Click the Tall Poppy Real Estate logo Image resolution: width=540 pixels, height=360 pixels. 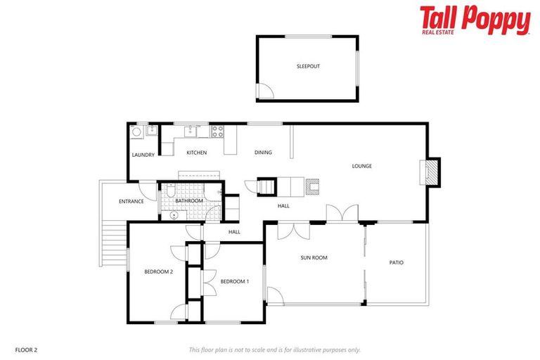tap(475, 20)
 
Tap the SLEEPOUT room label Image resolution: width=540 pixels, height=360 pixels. tap(308, 67)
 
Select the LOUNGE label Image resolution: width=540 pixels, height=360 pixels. tap(361, 166)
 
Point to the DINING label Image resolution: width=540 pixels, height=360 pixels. tap(263, 153)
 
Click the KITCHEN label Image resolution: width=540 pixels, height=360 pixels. tap(196, 153)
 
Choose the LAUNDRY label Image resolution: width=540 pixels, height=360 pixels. tap(143, 155)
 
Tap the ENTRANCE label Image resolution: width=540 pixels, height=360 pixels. tap(131, 201)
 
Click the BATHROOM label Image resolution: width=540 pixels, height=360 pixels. tap(189, 201)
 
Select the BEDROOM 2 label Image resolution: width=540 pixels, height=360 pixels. tap(158, 271)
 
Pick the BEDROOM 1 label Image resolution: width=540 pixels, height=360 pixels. tap(234, 281)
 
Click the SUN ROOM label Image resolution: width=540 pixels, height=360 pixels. tap(314, 258)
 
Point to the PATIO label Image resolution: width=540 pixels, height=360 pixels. tap(397, 263)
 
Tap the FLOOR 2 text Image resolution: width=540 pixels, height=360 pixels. tap(27, 349)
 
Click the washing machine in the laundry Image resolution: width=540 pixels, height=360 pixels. tap(136, 131)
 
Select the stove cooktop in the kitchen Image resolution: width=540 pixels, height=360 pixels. tap(218, 130)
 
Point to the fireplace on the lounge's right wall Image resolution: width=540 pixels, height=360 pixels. tap(429, 172)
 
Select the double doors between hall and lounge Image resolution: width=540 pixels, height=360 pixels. tap(342, 213)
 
